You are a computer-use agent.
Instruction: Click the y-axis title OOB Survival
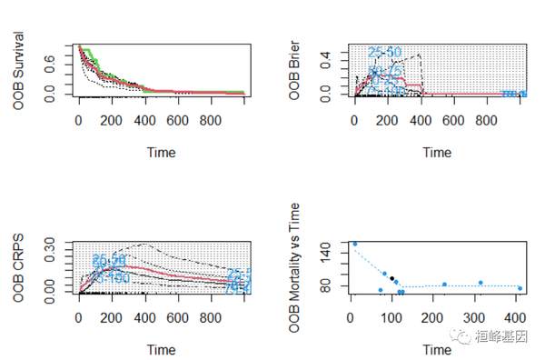pyautogui.click(x=19, y=71)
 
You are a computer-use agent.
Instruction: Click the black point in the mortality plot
pyautogui.click(x=392, y=278)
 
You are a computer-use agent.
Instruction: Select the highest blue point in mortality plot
pyautogui.click(x=354, y=244)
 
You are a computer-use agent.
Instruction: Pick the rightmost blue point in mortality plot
pyautogui.click(x=520, y=288)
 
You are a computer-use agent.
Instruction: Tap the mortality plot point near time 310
pyautogui.click(x=481, y=283)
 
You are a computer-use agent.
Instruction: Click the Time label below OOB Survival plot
pyautogui.click(x=161, y=152)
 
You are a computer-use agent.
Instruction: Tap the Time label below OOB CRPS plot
pyautogui.click(x=161, y=350)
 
